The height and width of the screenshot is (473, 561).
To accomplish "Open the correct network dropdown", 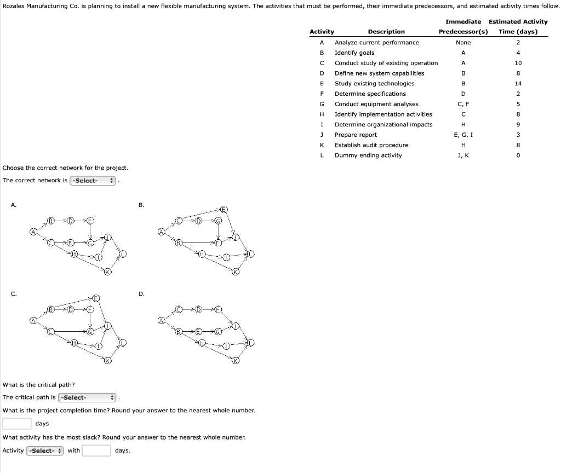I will coord(93,181).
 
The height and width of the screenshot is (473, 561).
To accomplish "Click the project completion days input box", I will coord(16,424).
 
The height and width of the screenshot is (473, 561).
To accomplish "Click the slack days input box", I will coord(97,451).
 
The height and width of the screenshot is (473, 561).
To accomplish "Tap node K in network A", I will coord(108,272).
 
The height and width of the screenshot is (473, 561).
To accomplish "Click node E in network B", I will coord(224,209).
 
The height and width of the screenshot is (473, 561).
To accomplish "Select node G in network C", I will coord(90,331).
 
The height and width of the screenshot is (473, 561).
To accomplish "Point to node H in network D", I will coord(202,343).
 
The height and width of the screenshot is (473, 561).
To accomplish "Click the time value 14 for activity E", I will coord(518,84).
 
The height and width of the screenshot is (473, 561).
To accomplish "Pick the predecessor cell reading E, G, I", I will coord(463,135).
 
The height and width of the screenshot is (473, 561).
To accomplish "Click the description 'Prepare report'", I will coord(356,135).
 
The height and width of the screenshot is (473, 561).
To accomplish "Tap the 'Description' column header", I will coord(386,32).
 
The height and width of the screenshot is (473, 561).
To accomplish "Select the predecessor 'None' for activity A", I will coord(463,43).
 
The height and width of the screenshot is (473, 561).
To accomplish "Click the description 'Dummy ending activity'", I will coord(368,155).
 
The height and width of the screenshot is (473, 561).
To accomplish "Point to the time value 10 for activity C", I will coord(518,63).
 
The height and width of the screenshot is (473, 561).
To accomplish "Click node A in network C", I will coord(34,320).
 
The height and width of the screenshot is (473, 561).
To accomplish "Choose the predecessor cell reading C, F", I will coord(463,104).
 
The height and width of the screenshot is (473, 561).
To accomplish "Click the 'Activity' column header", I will coord(322,32).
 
